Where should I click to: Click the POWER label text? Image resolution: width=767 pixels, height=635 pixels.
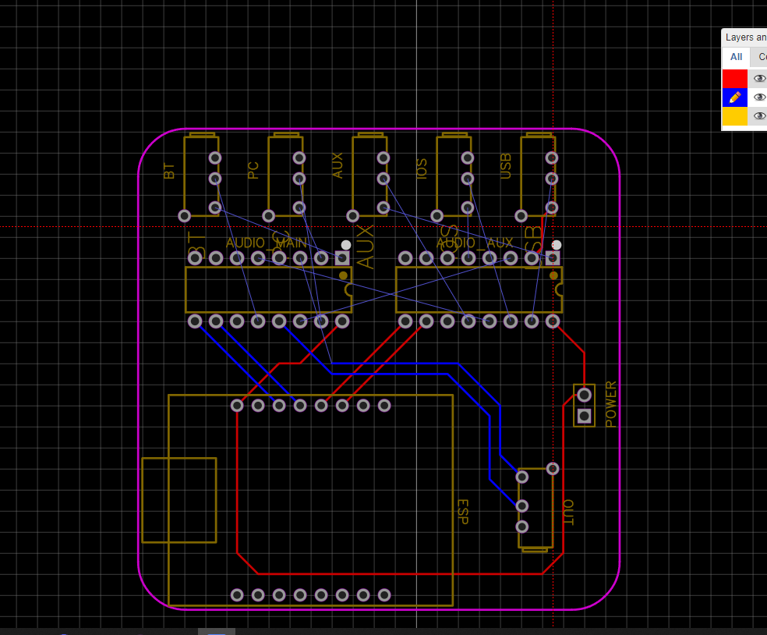tap(611, 404)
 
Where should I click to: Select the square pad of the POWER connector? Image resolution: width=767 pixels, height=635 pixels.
tap(584, 416)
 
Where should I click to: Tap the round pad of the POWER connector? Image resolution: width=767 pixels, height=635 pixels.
tap(584, 395)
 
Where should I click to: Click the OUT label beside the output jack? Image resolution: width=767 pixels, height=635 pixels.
tap(567, 513)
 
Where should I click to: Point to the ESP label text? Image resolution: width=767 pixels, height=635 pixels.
tap(461, 512)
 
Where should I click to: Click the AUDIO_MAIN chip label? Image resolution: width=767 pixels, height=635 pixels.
tap(267, 243)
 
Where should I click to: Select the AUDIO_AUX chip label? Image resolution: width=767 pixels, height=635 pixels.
tap(475, 243)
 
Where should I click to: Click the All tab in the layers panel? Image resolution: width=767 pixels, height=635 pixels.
tap(736, 57)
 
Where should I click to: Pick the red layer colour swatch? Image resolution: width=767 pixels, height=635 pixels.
tap(734, 79)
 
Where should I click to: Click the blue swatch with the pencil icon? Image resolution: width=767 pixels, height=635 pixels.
tap(734, 98)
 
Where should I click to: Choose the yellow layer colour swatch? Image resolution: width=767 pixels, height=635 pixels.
tap(734, 116)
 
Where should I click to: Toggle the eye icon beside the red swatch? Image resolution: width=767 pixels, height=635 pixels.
tap(759, 79)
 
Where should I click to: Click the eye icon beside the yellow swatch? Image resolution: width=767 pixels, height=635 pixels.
tap(759, 116)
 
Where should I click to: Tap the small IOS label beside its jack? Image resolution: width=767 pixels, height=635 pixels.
tap(422, 169)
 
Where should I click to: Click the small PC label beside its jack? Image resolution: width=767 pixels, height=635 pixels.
tap(253, 170)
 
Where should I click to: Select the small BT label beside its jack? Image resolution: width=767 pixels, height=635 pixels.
tap(169, 171)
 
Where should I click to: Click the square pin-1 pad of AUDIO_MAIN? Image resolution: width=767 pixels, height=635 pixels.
tap(342, 258)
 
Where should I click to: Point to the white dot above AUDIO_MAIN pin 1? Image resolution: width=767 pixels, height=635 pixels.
tap(346, 245)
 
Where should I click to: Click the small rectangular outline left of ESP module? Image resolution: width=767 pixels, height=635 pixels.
tap(178, 500)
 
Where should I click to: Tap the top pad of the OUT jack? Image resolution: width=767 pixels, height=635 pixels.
tap(553, 469)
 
